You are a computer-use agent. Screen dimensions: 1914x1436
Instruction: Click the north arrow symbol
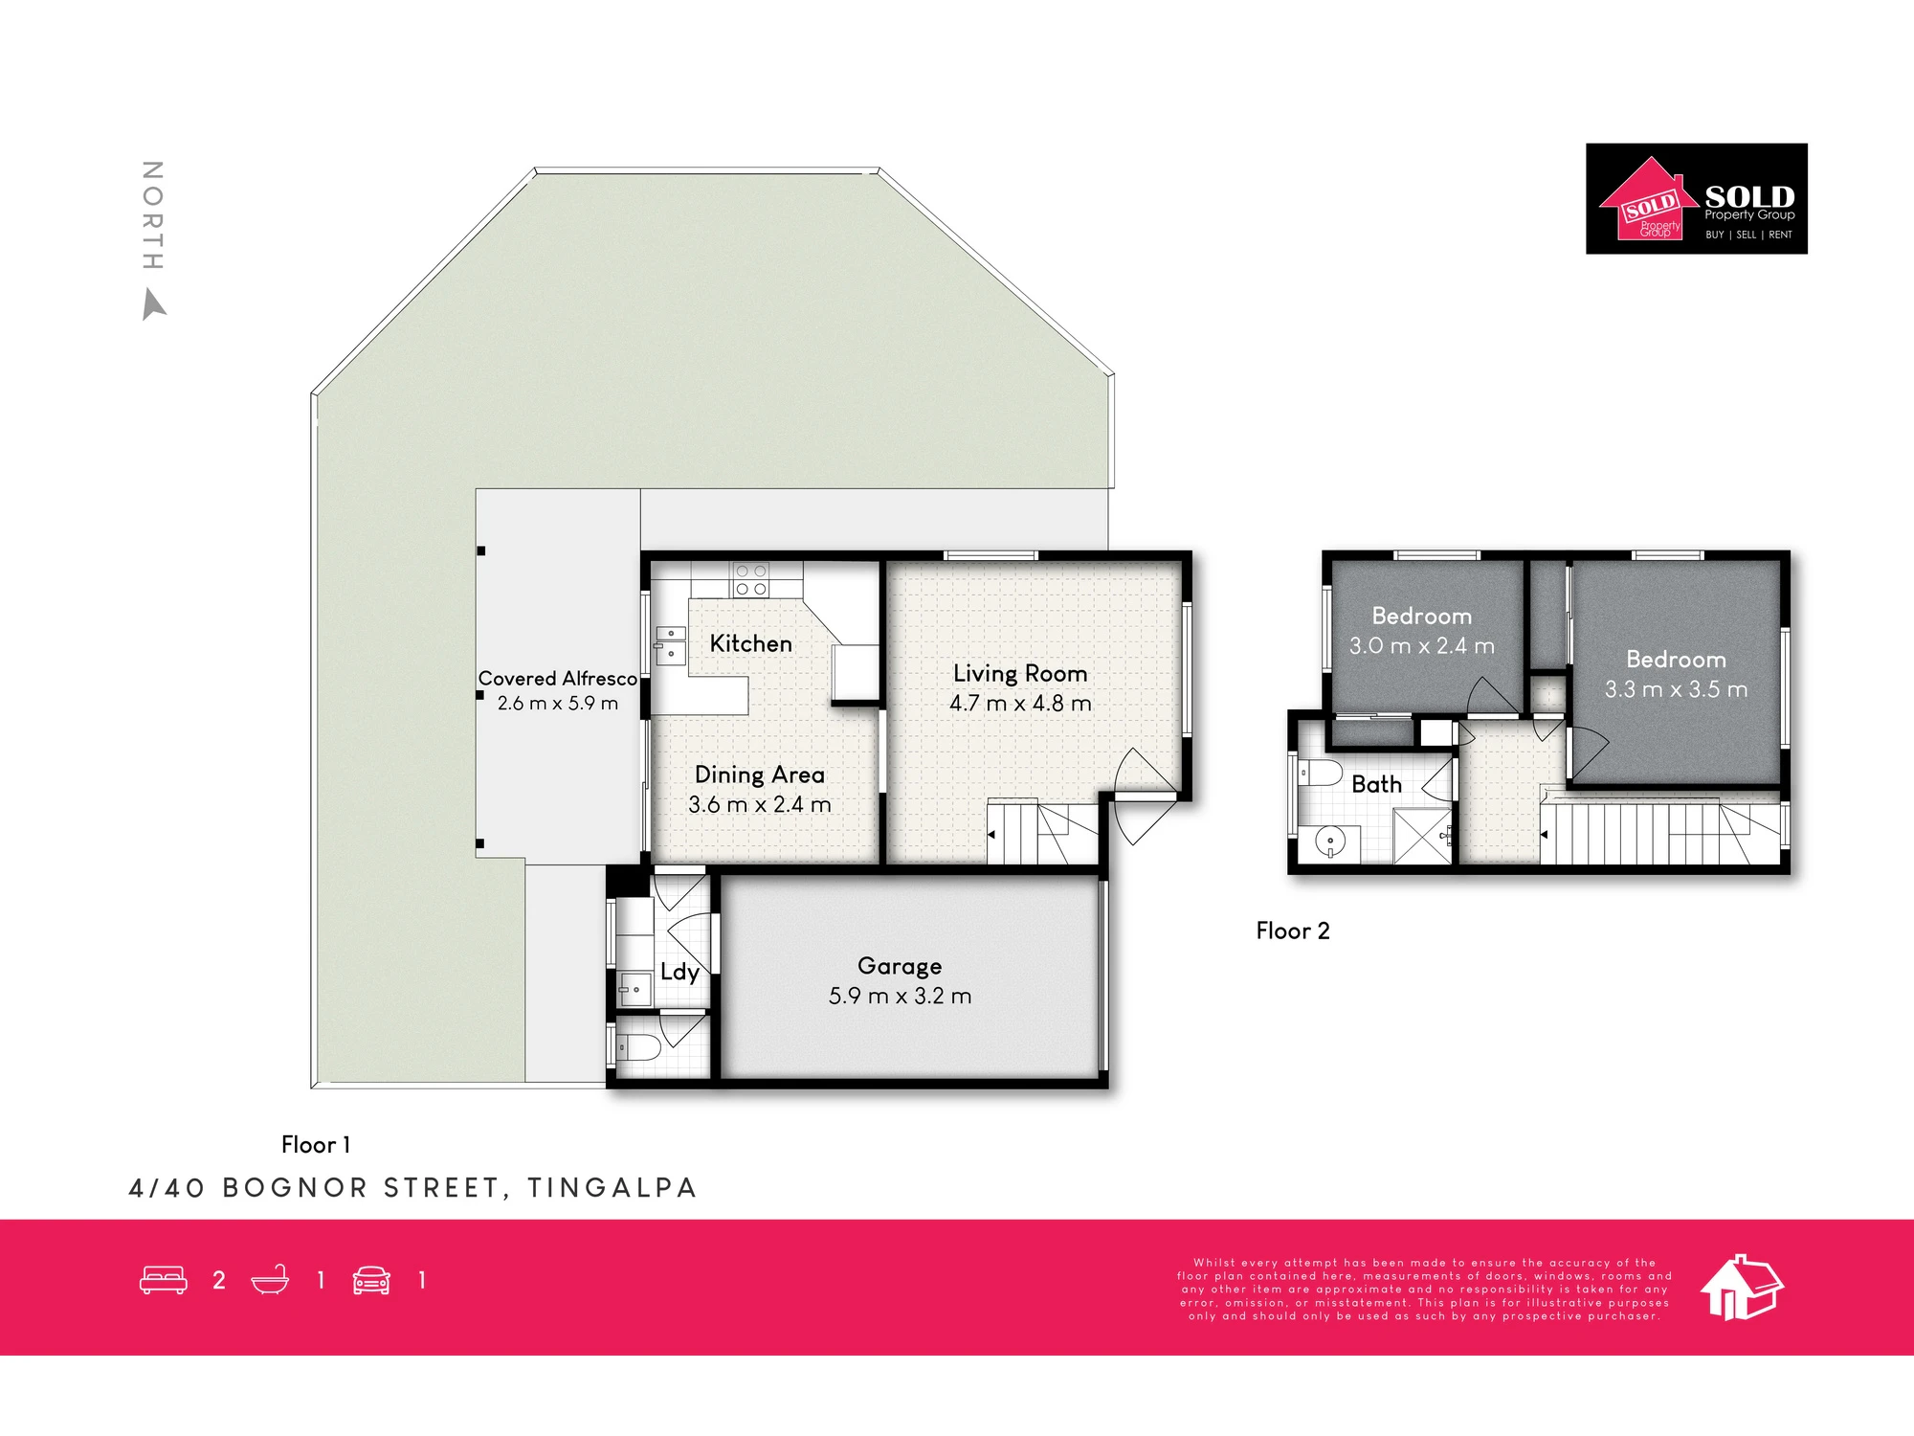pos(153,305)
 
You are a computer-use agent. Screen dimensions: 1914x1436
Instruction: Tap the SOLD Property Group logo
pos(1697,198)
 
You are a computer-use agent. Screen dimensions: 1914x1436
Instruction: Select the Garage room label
pos(900,966)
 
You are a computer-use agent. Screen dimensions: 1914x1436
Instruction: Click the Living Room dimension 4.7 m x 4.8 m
pos(1020,703)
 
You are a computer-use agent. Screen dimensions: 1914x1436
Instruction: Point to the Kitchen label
pos(751,643)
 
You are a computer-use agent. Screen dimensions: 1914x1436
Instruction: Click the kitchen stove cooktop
pos(751,580)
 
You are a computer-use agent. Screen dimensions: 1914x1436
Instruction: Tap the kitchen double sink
pos(671,644)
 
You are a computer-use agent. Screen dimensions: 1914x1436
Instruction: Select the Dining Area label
pos(760,774)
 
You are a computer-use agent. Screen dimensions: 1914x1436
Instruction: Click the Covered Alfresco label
pos(558,678)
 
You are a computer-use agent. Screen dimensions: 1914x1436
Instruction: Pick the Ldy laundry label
pos(679,973)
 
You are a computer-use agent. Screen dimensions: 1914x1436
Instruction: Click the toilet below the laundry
pos(637,1047)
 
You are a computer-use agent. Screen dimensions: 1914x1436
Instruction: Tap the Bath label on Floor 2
pos(1376,784)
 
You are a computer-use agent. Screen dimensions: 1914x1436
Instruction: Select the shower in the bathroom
pos(1422,836)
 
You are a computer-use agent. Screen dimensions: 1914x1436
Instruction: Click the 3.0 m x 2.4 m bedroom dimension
pos(1422,646)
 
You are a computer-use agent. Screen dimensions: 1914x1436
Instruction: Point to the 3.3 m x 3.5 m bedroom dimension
pos(1677,689)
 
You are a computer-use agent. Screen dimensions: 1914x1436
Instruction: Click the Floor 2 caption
pos(1293,931)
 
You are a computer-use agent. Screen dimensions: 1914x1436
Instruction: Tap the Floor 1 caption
pos(316,1144)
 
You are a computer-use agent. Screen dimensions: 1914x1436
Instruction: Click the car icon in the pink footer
pos(371,1281)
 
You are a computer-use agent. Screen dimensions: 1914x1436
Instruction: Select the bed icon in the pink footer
pos(164,1281)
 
